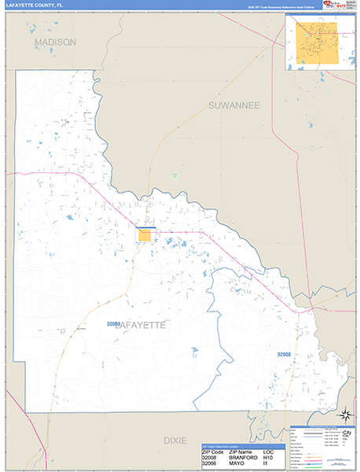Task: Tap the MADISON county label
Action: tap(55, 42)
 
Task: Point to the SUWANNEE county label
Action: tap(233, 105)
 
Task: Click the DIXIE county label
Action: tap(175, 441)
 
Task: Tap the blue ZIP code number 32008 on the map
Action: tap(284, 355)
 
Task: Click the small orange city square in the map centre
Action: tap(145, 234)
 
